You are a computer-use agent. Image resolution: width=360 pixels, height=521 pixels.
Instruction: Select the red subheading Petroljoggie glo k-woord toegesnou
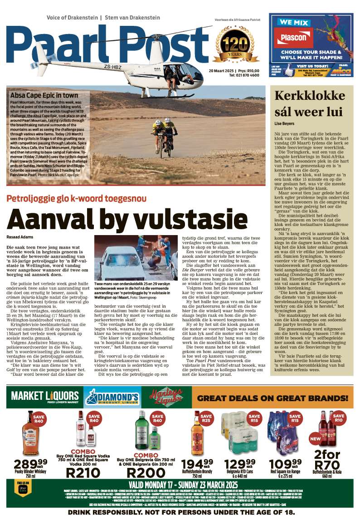[83, 198]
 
